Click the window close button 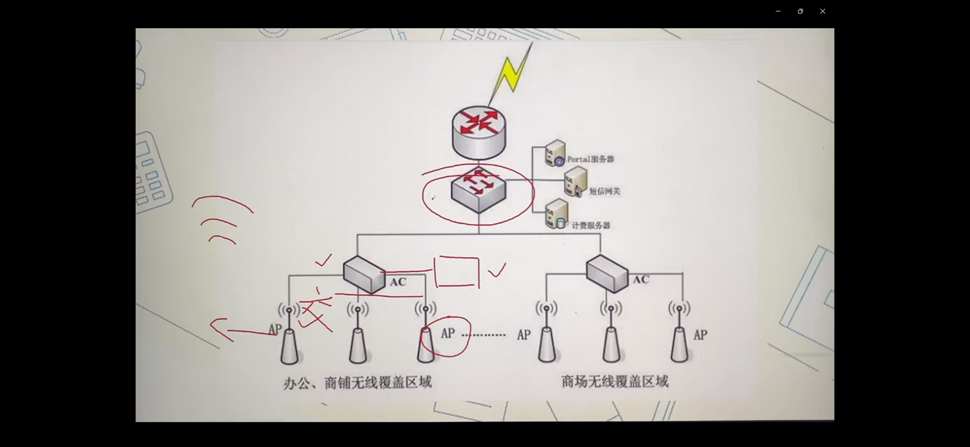(x=823, y=11)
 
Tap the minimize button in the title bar (x=778, y=11)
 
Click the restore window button (x=800, y=11)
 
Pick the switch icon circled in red (x=478, y=190)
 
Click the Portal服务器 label (x=591, y=159)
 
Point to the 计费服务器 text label (x=591, y=226)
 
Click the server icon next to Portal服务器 (x=555, y=153)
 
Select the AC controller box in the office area (x=364, y=274)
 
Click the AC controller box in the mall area (x=607, y=273)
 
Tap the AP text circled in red (x=448, y=334)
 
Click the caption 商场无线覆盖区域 (x=615, y=381)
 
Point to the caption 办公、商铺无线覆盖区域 (x=357, y=383)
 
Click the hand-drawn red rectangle (x=456, y=272)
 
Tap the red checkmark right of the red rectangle (x=497, y=270)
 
